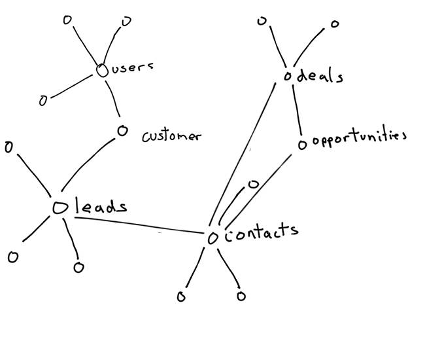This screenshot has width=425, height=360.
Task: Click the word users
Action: pyautogui.click(x=132, y=68)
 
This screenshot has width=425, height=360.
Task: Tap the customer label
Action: pyautogui.click(x=171, y=136)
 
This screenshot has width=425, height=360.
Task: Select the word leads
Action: pyautogui.click(x=101, y=207)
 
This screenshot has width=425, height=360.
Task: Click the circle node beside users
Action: pyautogui.click(x=102, y=71)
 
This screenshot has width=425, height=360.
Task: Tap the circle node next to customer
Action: pyautogui.click(x=122, y=131)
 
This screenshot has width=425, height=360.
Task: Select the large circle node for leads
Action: pyautogui.click(x=59, y=207)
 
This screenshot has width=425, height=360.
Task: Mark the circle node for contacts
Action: pyautogui.click(x=212, y=238)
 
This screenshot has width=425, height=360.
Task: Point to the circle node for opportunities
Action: pyautogui.click(x=302, y=145)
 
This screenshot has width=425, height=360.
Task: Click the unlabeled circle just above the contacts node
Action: pyautogui.click(x=254, y=184)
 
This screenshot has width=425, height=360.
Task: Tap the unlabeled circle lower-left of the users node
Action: pyautogui.click(x=43, y=101)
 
